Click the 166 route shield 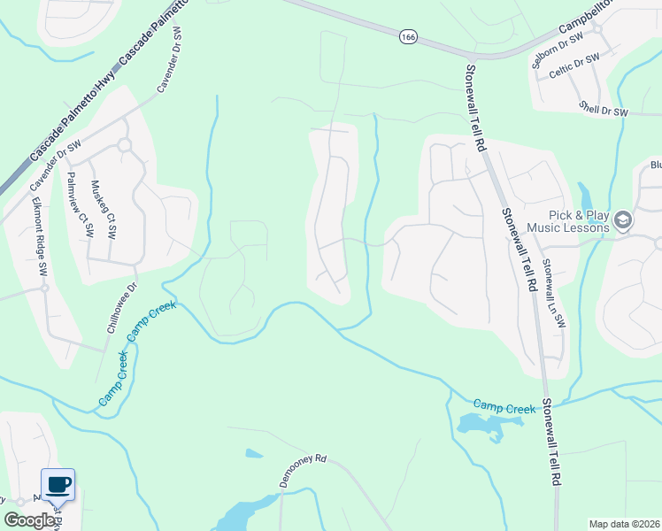(407, 37)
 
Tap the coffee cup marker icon (58, 485)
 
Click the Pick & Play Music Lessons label (567, 221)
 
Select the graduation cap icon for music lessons (622, 220)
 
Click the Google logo (29, 519)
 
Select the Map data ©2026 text (625, 524)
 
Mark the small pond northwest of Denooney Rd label (254, 454)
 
